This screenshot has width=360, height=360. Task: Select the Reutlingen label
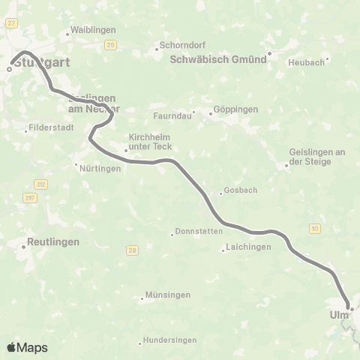[x=53, y=242]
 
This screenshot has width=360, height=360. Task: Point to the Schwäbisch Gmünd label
[x=218, y=60]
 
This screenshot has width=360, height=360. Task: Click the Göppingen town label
[x=235, y=109]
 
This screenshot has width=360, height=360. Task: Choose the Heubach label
[x=306, y=62]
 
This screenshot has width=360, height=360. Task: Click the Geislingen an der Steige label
[x=317, y=156]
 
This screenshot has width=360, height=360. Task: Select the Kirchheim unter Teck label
[x=151, y=142]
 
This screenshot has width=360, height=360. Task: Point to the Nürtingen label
[x=100, y=169]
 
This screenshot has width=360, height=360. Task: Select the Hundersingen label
[x=169, y=340]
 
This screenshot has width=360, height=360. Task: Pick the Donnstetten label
[x=196, y=231]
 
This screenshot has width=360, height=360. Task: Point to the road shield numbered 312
[x=40, y=183]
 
